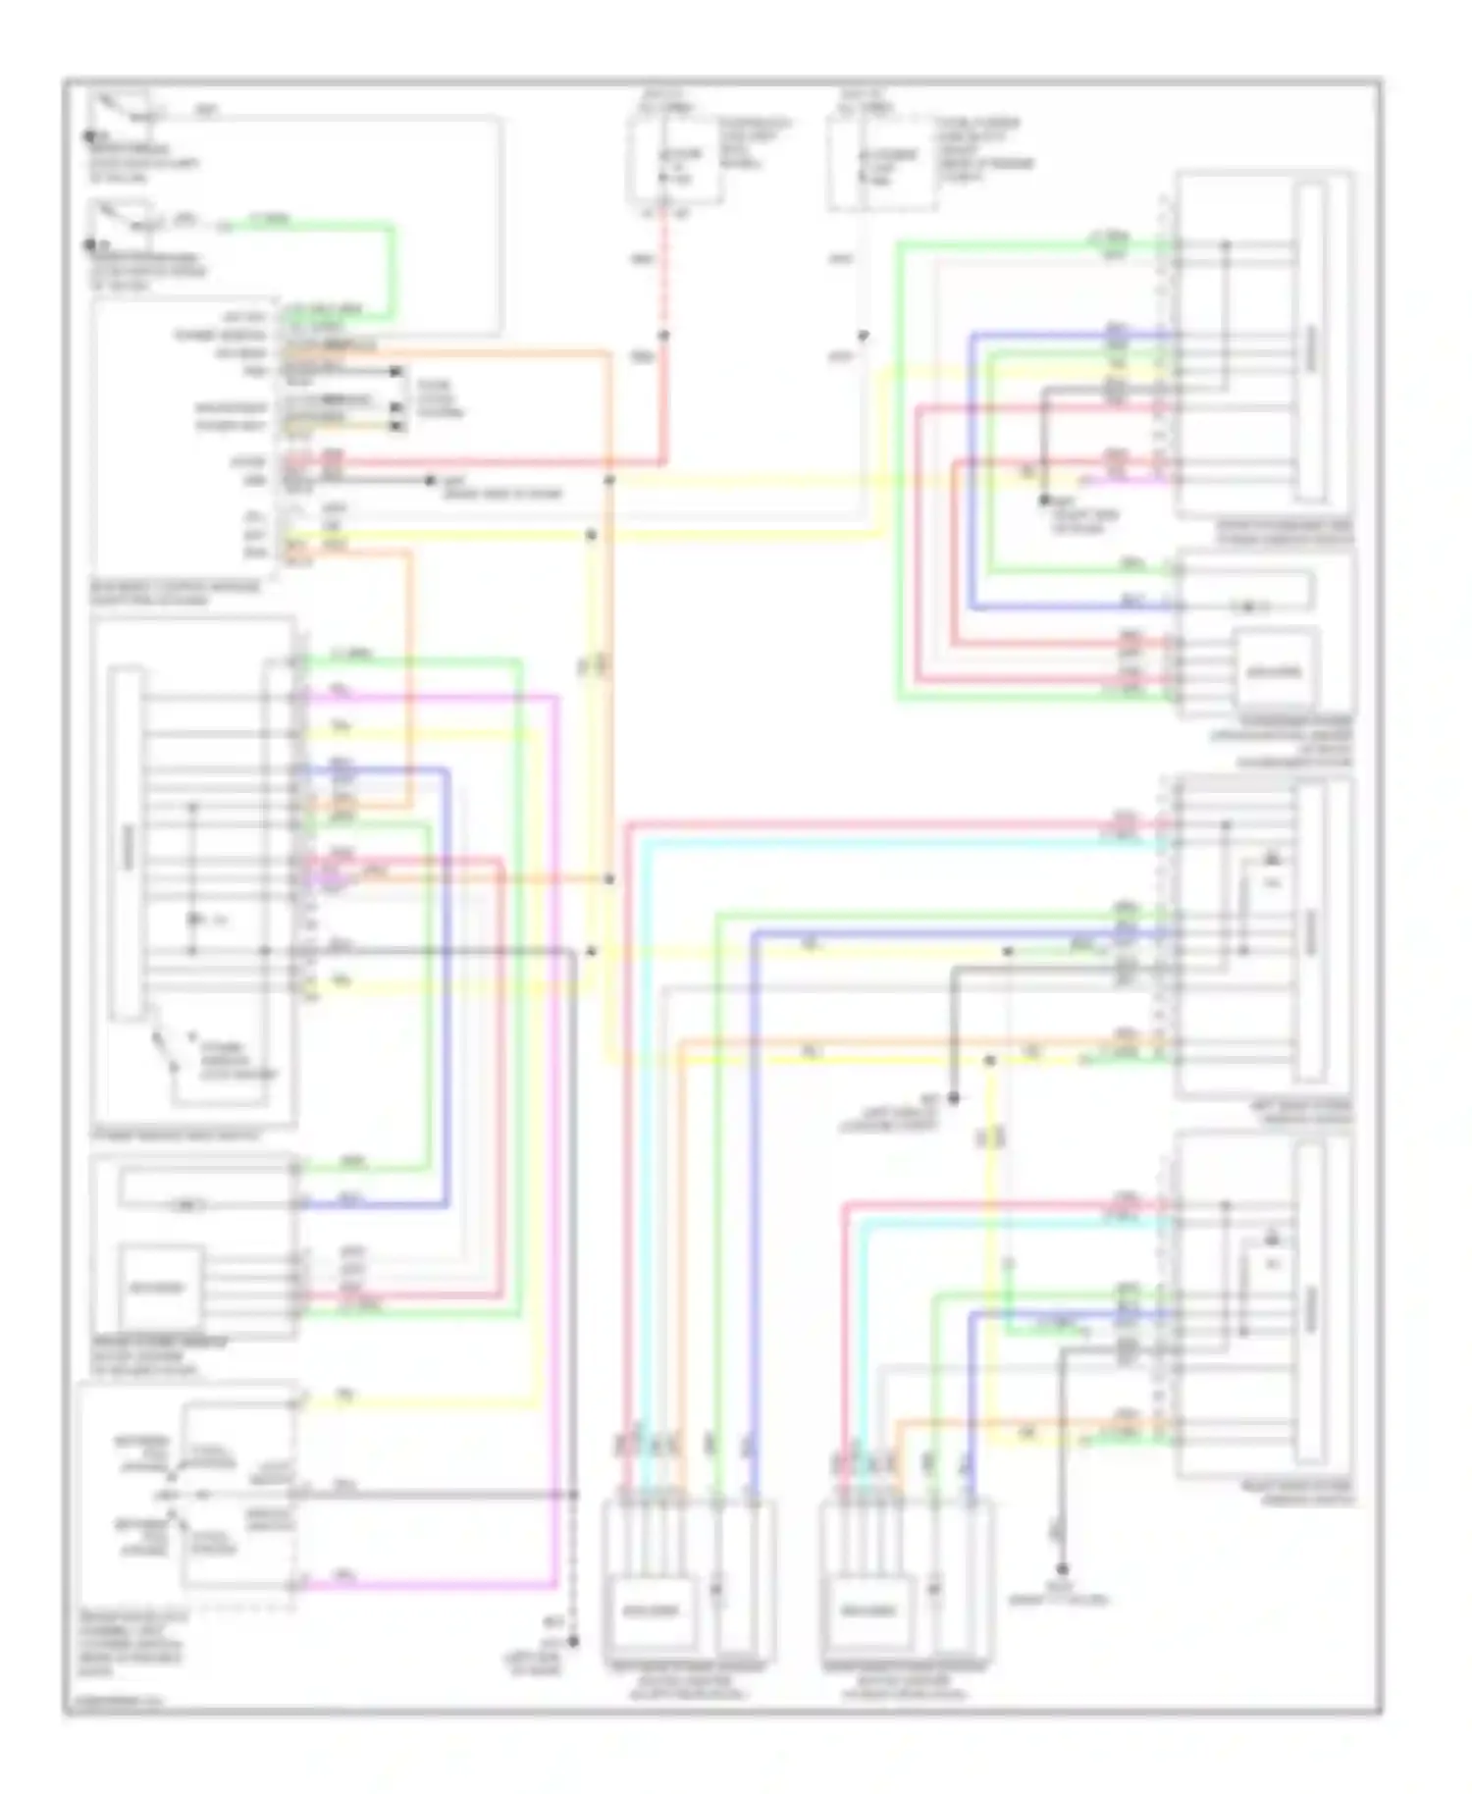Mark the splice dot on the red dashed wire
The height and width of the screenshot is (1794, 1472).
[663, 336]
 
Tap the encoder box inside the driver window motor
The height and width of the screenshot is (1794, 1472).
[161, 1287]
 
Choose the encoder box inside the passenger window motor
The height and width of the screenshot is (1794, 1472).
[1275, 672]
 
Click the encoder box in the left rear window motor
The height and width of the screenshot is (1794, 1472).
[652, 1609]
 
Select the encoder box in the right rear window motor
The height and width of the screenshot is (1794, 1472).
[869, 1609]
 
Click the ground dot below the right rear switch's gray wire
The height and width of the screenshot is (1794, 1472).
[1061, 1568]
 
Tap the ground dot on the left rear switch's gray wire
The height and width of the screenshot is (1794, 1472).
[953, 1098]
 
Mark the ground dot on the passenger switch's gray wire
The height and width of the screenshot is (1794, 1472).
[1044, 500]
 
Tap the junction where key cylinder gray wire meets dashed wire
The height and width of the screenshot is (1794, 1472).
[574, 1494]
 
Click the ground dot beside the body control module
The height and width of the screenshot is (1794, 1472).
[429, 481]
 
